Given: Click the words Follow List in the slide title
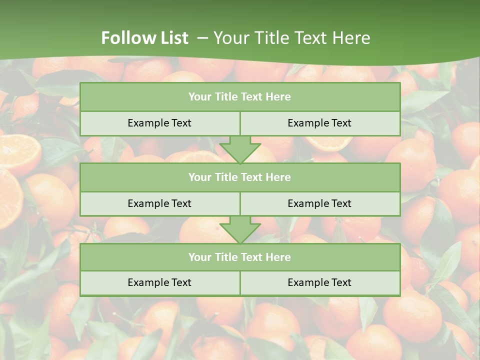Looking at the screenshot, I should [x=145, y=38].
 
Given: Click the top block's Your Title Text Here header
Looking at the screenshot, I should [x=239, y=97].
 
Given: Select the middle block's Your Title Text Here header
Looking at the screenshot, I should [x=239, y=177].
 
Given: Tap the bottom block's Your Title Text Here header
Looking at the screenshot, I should [x=239, y=257].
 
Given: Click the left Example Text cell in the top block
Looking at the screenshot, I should [x=159, y=123].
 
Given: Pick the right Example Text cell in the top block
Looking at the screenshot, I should [x=319, y=123].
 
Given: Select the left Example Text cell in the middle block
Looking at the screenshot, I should [x=159, y=203].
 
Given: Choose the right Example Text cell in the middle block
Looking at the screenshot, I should [x=319, y=203].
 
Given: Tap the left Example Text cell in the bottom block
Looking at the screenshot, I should [x=159, y=282].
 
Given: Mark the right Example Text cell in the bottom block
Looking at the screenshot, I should [x=319, y=282].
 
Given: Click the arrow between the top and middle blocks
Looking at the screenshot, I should [x=240, y=149].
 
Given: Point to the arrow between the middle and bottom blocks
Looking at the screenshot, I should [x=240, y=229].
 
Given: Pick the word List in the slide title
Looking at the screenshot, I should [x=171, y=38].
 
